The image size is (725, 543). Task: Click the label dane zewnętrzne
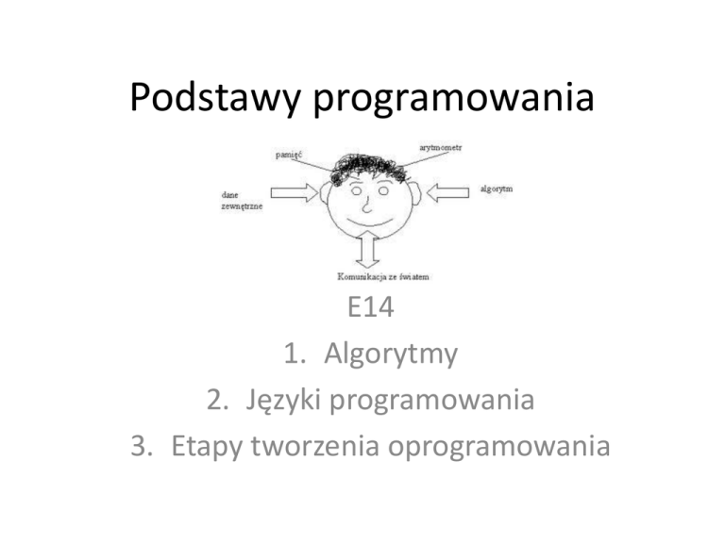237,200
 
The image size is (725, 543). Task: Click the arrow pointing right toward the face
298,193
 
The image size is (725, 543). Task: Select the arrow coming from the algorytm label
448,192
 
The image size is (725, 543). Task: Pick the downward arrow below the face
367,251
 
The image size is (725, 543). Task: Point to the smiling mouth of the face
368,222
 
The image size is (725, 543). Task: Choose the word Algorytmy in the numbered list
391,355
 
